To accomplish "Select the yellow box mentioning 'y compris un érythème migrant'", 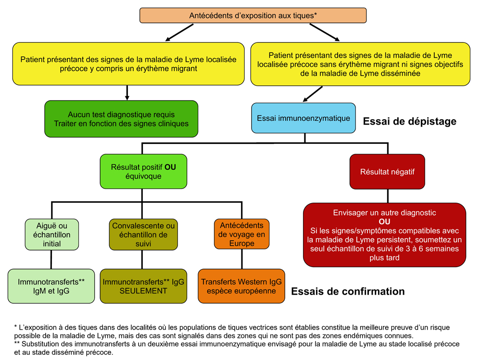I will pyautogui.click(x=128, y=64).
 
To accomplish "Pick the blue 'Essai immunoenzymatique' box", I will pyautogui.click(x=303, y=118).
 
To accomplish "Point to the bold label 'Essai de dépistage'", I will pyautogui.click(x=409, y=122).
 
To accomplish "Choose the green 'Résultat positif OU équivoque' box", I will pyautogui.click(x=143, y=172).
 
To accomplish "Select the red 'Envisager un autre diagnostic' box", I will pyautogui.click(x=384, y=235).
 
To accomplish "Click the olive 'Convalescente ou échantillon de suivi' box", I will pyautogui.click(x=144, y=234).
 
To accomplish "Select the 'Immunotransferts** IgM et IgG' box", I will pyautogui.click(x=51, y=286).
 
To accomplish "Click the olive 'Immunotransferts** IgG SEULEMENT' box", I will pyautogui.click(x=144, y=286).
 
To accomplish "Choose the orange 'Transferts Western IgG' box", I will pyautogui.click(x=241, y=286).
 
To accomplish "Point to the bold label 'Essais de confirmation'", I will pyautogui.click(x=348, y=292).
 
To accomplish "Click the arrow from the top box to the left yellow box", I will pyautogui.click(x=180, y=32).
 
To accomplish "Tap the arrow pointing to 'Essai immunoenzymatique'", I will pyautogui.click(x=312, y=93).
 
